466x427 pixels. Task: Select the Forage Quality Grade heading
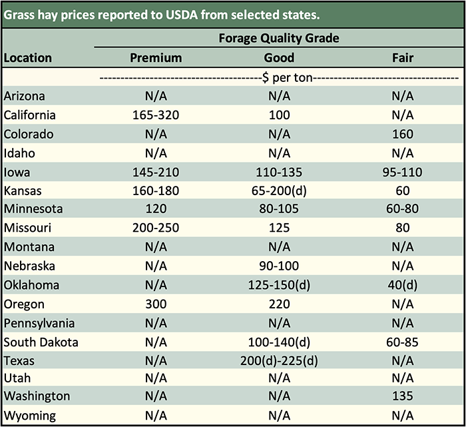(x=279, y=38)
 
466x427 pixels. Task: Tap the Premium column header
(x=155, y=58)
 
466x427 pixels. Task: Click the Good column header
(x=279, y=58)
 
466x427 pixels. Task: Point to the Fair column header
(x=403, y=58)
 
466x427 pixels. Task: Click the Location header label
(x=28, y=58)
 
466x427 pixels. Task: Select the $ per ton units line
(x=279, y=77)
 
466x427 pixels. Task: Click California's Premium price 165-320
(x=155, y=115)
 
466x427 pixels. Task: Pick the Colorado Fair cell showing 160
(x=403, y=134)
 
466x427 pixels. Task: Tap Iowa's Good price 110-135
(x=279, y=172)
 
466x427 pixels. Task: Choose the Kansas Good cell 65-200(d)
(x=279, y=191)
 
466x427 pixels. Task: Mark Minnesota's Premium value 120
(x=155, y=209)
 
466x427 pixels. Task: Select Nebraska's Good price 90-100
(x=279, y=266)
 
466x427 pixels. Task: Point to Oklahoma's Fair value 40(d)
(x=403, y=285)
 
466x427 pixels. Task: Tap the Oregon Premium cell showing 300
(x=155, y=304)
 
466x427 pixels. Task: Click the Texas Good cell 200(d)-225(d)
(x=279, y=361)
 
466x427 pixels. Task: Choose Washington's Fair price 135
(x=403, y=396)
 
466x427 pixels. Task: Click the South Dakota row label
(x=41, y=342)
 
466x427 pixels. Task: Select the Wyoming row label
(x=29, y=416)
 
